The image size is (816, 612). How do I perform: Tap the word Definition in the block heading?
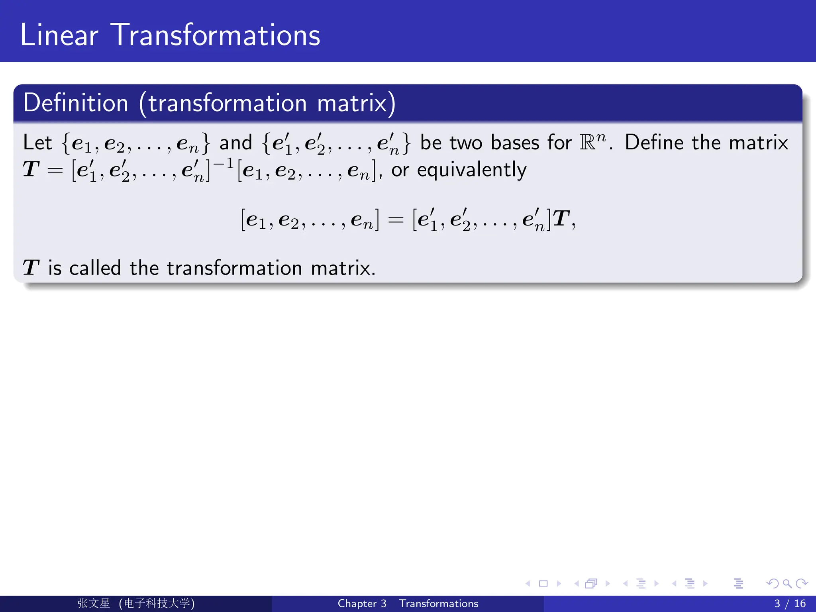76,103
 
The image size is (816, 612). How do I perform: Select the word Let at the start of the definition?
37,143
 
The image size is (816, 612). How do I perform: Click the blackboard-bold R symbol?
587,143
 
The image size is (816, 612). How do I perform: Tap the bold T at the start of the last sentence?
31,268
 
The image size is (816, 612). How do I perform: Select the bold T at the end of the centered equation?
561,219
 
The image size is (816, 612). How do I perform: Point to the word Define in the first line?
653,143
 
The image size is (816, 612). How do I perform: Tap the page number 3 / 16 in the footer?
790,604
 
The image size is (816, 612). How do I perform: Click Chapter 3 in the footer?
362,604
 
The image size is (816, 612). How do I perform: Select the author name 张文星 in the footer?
94,603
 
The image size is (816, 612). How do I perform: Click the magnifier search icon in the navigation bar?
787,584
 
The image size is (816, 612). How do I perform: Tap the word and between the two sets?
236,143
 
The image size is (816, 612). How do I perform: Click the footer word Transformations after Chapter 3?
438,604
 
